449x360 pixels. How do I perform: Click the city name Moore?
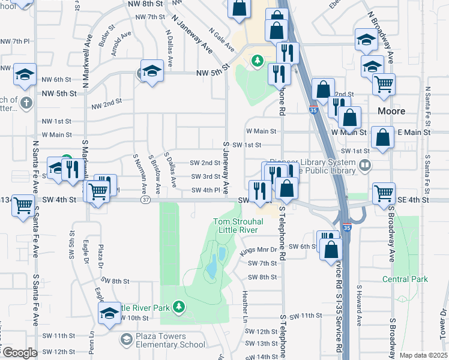point(392,111)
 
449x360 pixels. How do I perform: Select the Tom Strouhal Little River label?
point(236,226)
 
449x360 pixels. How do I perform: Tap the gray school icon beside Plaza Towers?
point(126,340)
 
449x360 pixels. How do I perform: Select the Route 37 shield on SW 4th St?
point(145,200)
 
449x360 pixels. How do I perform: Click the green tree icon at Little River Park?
point(178,307)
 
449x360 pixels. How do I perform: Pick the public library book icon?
point(364,164)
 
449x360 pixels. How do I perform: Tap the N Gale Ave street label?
point(217,38)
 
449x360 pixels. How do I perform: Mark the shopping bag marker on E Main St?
point(382,138)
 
